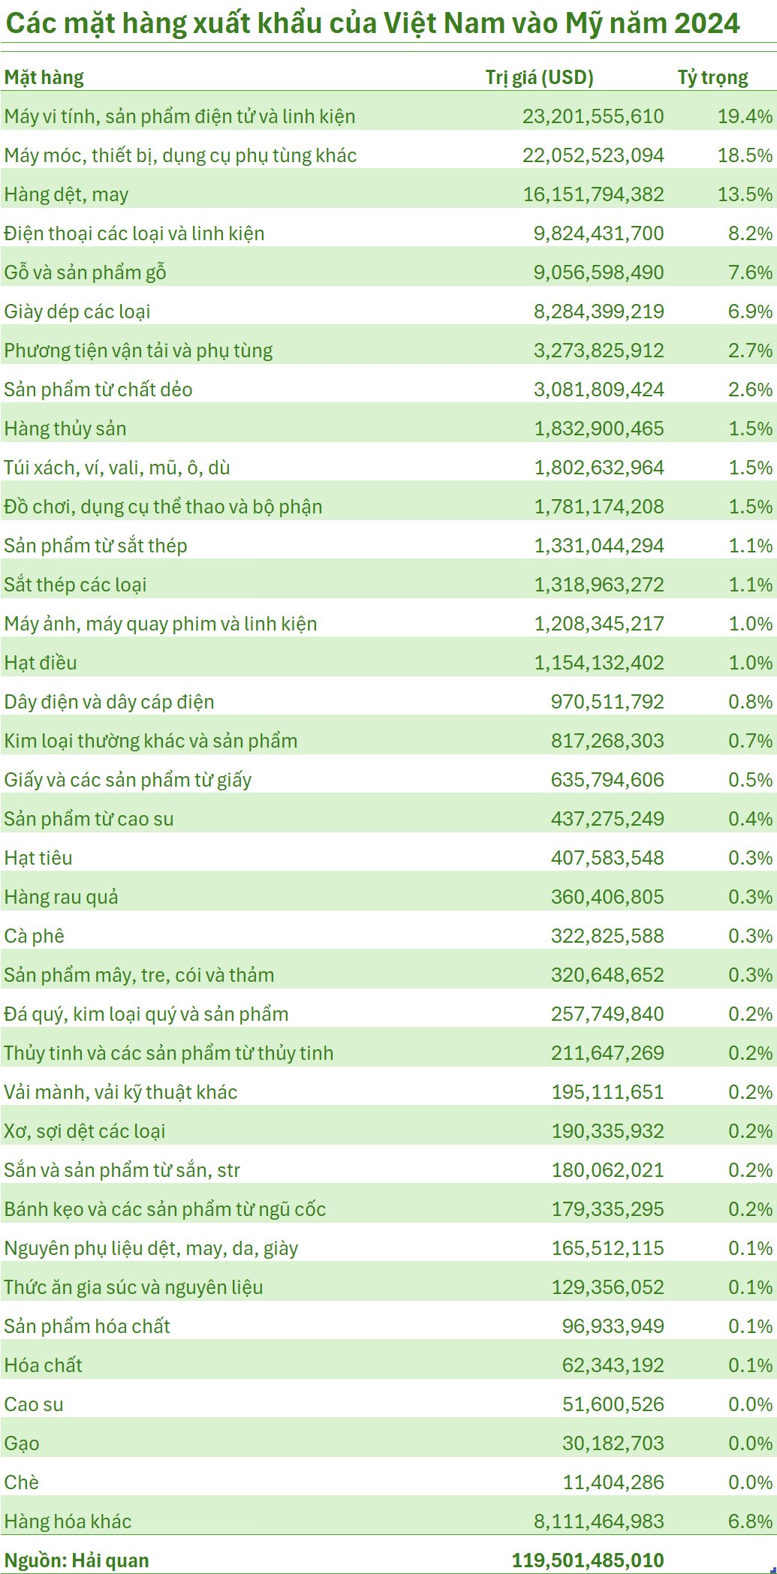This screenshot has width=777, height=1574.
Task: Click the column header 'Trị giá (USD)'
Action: (x=539, y=77)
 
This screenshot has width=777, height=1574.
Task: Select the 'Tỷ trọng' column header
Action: (x=712, y=77)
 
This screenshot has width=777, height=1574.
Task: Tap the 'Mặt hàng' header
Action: (x=44, y=77)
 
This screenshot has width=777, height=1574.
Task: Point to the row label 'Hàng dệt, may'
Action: (x=66, y=194)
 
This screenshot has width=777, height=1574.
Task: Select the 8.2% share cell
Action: (x=750, y=233)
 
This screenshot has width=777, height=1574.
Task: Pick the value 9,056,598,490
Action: (x=599, y=272)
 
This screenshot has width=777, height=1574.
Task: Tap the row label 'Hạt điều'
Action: (x=41, y=663)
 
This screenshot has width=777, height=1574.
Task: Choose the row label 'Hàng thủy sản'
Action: (x=65, y=429)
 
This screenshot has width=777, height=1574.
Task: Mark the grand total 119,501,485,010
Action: (x=588, y=1560)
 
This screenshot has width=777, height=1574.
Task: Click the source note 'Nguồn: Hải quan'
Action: (x=77, y=1560)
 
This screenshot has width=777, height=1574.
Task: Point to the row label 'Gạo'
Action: (x=22, y=1443)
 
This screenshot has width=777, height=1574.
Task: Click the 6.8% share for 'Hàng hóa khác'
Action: (x=750, y=1521)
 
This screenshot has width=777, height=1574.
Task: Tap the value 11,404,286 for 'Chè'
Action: (x=613, y=1482)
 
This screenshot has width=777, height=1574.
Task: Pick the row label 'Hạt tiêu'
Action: (x=38, y=858)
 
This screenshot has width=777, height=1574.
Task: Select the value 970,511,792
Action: (x=607, y=702)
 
